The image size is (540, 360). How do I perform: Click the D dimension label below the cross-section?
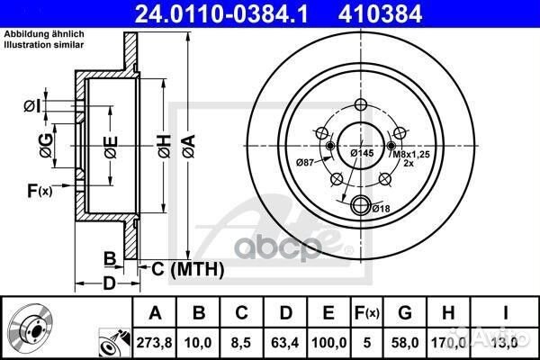click(108, 285)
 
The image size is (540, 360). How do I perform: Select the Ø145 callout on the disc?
click(362, 154)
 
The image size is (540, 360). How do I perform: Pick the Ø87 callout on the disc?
click(307, 162)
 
